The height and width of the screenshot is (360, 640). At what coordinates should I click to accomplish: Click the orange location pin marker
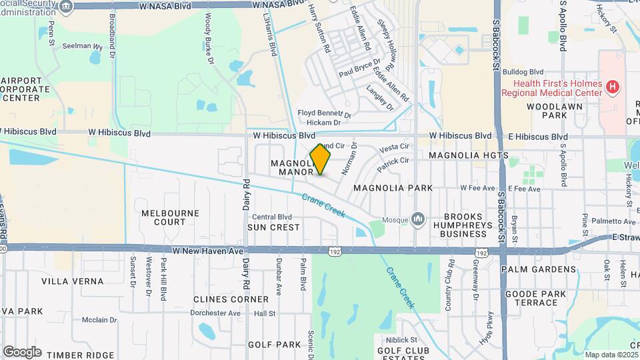(321, 159)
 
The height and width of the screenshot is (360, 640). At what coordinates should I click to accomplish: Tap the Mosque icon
(418, 218)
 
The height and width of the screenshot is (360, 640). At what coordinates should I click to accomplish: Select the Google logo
(22, 351)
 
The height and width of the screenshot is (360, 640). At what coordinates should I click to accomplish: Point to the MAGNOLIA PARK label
(393, 188)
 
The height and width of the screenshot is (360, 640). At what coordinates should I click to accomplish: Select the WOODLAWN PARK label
(546, 111)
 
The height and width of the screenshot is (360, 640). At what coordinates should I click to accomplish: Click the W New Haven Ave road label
(208, 251)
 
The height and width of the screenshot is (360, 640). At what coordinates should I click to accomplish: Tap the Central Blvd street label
(272, 217)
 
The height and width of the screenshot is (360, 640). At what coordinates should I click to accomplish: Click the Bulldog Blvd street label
(523, 72)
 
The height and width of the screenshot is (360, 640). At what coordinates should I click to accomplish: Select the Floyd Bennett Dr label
(323, 114)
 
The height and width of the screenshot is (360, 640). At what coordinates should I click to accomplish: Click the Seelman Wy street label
(83, 47)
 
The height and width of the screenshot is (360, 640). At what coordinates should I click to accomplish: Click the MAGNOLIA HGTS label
(468, 155)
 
